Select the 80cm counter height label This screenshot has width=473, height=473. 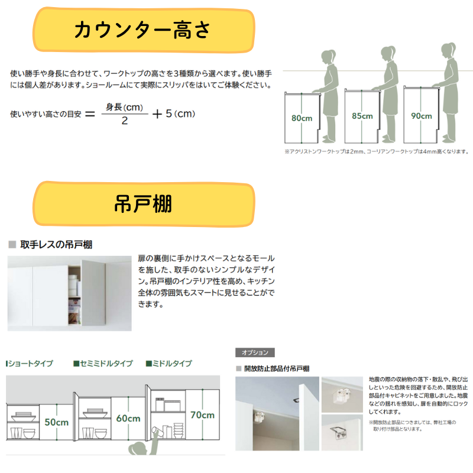pyautogui.click(x=302, y=118)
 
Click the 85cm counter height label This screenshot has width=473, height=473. pyautogui.click(x=362, y=116)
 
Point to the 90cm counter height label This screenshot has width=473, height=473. pyautogui.click(x=422, y=116)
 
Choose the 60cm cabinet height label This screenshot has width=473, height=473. pyautogui.click(x=128, y=419)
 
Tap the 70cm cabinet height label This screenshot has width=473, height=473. pyautogui.click(x=202, y=415)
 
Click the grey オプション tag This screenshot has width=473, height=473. pyautogui.click(x=255, y=352)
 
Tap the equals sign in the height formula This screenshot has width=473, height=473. pyautogui.click(x=89, y=114)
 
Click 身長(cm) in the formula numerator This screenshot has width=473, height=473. pyautogui.click(x=125, y=107)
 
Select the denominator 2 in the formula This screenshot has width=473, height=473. pyautogui.click(x=125, y=121)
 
